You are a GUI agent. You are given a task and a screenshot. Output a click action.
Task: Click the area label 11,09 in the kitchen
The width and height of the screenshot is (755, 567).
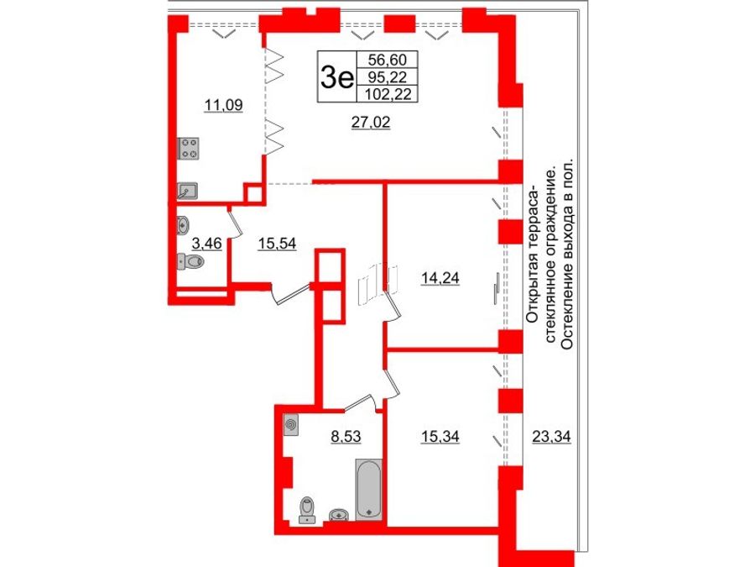[224, 105]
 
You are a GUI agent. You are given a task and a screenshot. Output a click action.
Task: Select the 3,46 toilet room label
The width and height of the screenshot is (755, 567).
[207, 245]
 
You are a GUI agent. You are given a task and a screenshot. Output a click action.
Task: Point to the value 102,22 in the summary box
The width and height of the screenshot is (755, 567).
[387, 94]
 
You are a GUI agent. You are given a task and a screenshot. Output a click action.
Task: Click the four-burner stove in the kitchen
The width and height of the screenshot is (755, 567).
[189, 149]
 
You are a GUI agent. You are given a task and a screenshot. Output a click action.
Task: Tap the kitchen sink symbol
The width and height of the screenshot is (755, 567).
[188, 192]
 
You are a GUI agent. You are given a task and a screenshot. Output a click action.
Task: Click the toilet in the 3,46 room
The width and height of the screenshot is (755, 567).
[192, 262]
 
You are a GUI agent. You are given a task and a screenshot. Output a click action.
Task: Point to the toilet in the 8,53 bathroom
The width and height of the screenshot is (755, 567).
[308, 508]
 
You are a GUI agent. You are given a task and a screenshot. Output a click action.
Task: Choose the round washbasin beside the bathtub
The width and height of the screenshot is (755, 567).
[339, 513]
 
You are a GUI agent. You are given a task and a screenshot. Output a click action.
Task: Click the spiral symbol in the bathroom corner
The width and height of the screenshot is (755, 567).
[291, 425]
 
